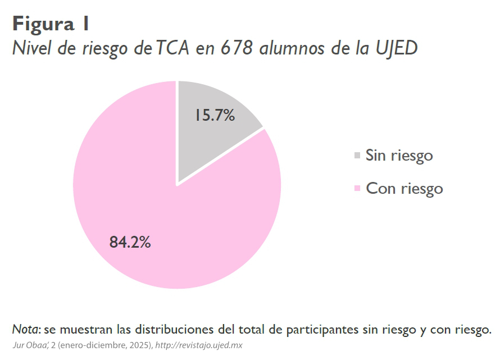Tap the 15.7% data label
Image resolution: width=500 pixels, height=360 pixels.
[215, 115]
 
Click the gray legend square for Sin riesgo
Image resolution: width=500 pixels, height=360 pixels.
[357, 156]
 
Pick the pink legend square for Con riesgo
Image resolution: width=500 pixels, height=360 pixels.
[357, 189]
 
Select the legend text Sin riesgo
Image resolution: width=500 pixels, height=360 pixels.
[399, 155]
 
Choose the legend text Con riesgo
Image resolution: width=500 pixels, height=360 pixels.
[404, 188]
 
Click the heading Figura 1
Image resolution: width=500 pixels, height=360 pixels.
[51, 24]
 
